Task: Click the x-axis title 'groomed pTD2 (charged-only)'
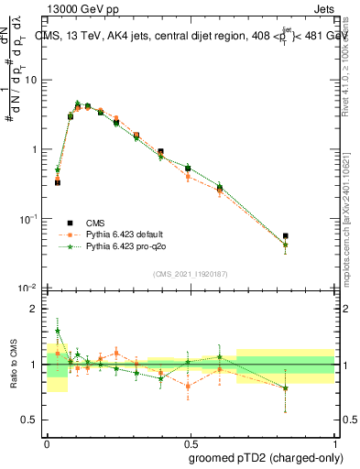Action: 266,457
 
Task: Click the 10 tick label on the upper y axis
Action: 29,81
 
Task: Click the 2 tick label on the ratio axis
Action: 34,310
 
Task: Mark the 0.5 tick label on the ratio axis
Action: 30,420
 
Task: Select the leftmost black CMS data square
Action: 58,182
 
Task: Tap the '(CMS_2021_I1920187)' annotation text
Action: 190,272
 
